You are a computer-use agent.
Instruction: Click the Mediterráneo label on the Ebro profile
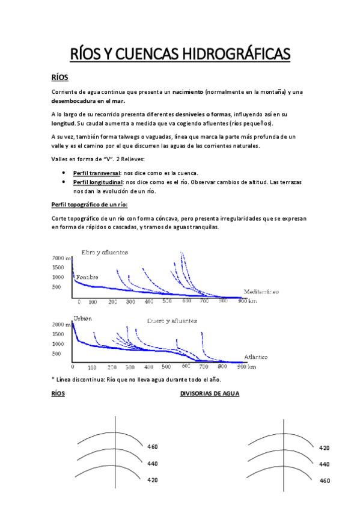pos(261,292)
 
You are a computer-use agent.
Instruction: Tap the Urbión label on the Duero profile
pos(82,318)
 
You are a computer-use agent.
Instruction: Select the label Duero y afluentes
pos(172,321)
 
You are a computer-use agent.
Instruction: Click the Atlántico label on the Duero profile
pos(256,356)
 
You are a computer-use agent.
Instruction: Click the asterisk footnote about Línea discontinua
pos(137,379)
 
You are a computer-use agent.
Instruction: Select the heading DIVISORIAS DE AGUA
pos(210,394)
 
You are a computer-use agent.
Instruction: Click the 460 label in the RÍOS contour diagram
pos(153,447)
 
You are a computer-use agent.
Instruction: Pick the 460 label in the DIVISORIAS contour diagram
pos(325,481)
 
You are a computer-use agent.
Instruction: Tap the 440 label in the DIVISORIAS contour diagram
pos(325,464)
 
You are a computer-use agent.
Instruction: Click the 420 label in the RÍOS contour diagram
pos(153,480)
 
